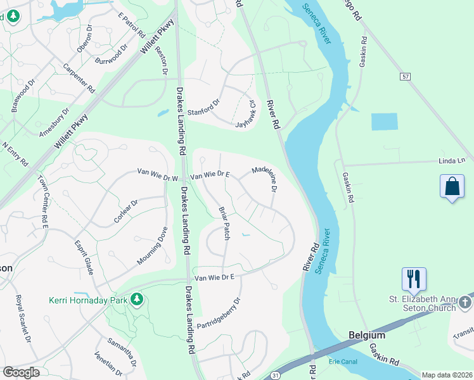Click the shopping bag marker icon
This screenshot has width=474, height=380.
[451, 187]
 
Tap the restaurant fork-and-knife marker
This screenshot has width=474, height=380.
[413, 279]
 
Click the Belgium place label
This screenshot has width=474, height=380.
[367, 334]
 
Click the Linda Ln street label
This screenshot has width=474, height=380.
[452, 161]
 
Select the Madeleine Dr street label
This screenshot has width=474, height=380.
[266, 179]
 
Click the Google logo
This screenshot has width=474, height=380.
[21, 372]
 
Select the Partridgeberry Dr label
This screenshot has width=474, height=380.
[219, 313]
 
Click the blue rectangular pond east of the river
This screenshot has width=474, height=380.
[384, 122]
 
